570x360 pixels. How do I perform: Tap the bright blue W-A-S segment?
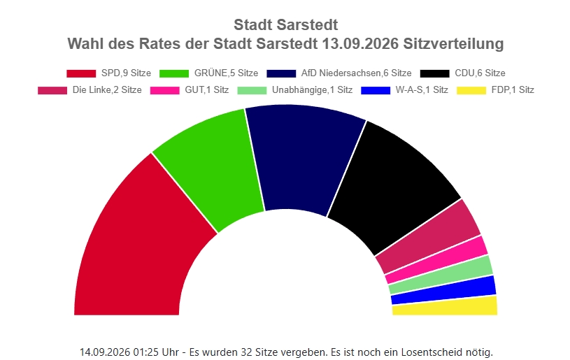point(444,290)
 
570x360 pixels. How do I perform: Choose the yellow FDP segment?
point(445,306)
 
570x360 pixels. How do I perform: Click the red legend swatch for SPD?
point(81,73)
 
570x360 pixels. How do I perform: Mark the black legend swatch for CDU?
point(434,73)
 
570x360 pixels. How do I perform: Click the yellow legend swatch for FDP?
point(471,90)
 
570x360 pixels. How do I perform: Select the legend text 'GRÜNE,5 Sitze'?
point(226,73)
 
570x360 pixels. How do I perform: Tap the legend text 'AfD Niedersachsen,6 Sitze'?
point(356,73)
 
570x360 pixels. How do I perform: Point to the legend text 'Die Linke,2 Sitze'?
point(107,89)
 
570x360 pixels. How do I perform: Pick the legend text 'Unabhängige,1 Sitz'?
point(312,89)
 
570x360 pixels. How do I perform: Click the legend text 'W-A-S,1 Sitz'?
point(422,89)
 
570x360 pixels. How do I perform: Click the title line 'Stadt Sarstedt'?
point(286,25)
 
